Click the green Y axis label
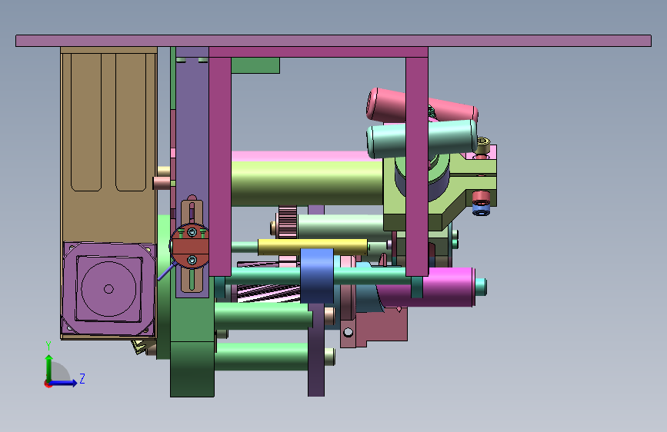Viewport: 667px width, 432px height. tap(48, 346)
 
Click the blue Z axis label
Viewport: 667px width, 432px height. tap(82, 378)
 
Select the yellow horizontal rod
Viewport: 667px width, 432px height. tap(312, 247)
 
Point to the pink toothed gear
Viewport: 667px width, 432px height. tap(288, 222)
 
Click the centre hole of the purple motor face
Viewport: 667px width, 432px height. tap(108, 289)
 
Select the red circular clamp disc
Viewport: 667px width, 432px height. tap(190, 246)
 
